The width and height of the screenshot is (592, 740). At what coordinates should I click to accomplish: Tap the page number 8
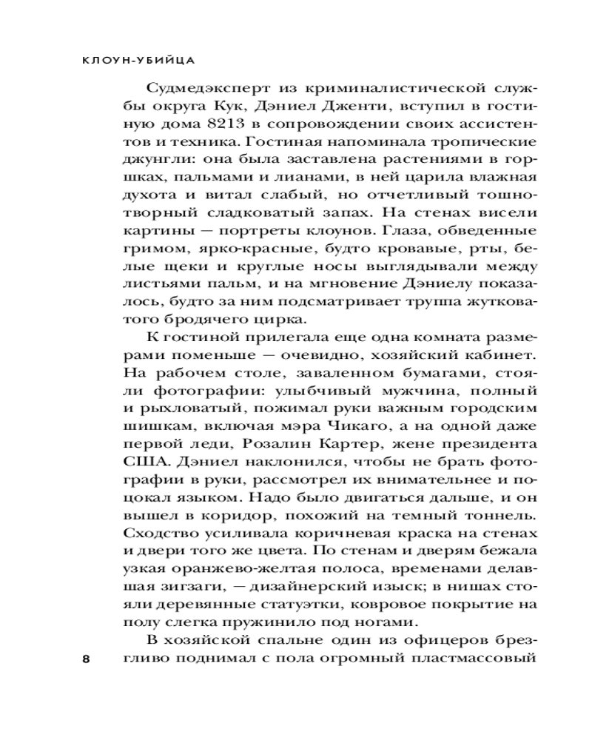coord(86,659)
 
